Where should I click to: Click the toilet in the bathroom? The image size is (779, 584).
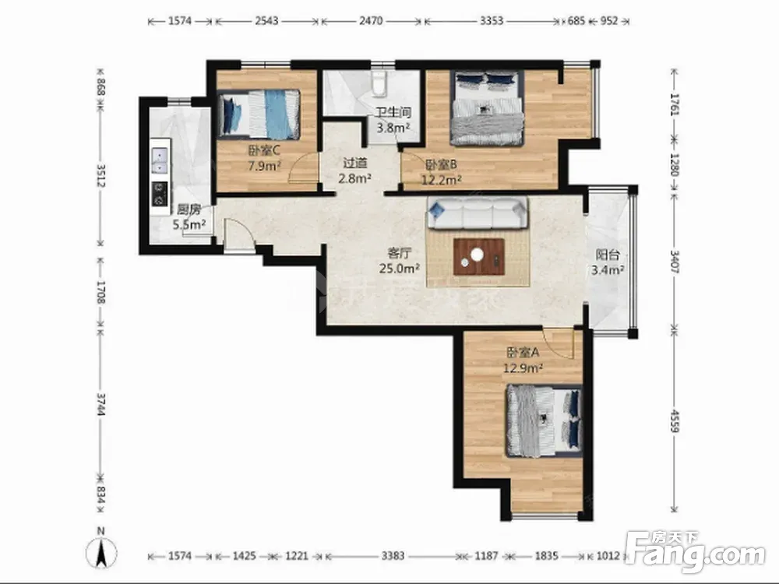(379, 83)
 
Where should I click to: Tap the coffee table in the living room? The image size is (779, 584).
(478, 256)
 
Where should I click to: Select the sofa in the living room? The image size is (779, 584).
(478, 213)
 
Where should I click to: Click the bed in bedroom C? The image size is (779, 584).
(259, 113)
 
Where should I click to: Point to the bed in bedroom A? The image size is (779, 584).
(544, 420)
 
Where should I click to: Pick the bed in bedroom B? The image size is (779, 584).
(487, 107)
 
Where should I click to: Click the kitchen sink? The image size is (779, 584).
(160, 160)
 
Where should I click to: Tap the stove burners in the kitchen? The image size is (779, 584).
(160, 194)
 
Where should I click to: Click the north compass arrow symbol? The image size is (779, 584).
(100, 552)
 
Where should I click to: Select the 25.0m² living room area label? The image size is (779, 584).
(400, 269)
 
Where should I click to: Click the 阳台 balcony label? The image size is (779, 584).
(608, 255)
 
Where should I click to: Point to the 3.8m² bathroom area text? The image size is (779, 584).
(393, 128)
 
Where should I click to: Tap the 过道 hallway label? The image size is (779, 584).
(355, 163)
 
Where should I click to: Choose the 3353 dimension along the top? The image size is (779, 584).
(492, 21)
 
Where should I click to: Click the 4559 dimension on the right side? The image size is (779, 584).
(674, 420)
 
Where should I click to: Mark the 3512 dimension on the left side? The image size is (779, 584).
(100, 175)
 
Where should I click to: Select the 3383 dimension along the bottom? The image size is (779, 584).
(393, 555)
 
